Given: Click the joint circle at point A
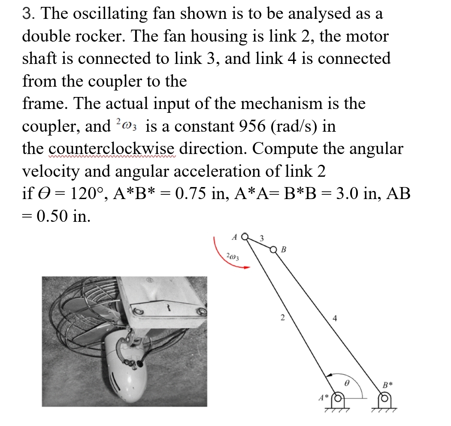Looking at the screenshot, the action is [x=245, y=236].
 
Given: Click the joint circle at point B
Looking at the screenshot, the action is [x=274, y=249].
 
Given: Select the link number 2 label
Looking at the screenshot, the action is [x=282, y=318].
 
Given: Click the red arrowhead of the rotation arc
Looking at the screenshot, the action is [x=246, y=267].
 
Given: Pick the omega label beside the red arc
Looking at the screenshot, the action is [x=233, y=257].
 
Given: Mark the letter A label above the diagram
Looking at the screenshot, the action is [x=234, y=236].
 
